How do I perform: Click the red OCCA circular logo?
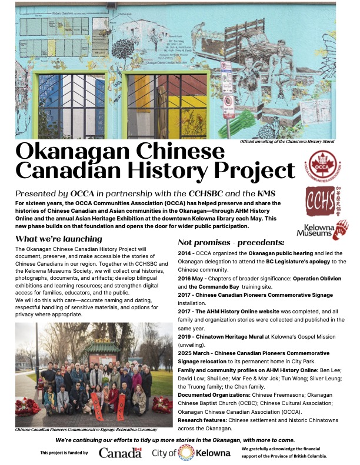pos(324,166)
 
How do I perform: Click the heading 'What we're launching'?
pos(59,239)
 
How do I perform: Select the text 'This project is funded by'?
pos(64,453)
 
